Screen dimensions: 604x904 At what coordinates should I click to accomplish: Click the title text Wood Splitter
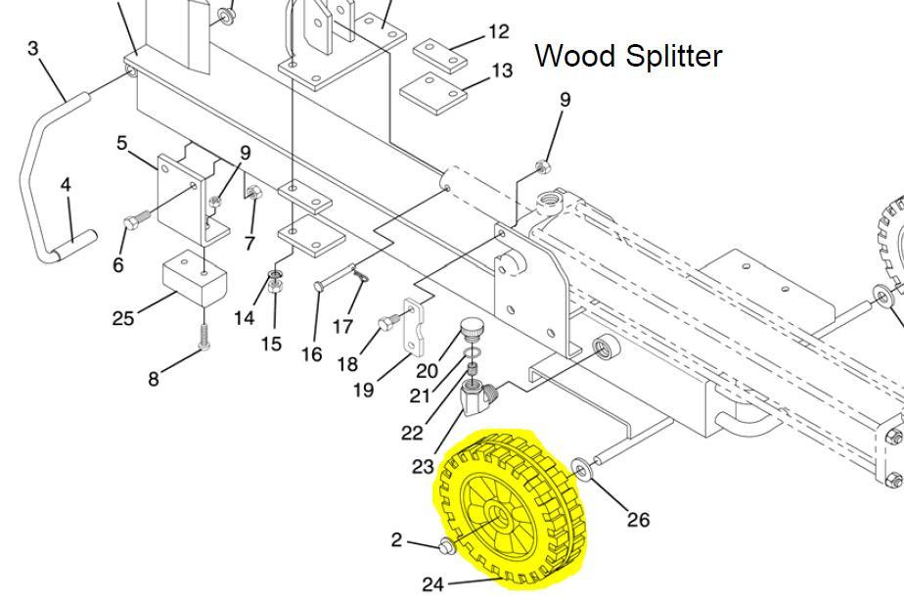[628, 56]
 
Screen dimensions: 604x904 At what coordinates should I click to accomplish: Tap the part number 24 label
[432, 584]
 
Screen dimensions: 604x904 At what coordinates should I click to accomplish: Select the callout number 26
[638, 519]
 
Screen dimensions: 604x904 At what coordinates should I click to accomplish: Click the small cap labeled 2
[442, 545]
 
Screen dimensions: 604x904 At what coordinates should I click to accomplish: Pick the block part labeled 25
[194, 278]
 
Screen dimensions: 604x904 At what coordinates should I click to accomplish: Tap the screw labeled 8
[204, 337]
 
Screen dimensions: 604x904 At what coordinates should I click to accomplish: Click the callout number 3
[33, 48]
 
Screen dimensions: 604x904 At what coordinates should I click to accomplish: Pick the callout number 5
[122, 143]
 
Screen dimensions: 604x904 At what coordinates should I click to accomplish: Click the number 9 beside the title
[565, 99]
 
